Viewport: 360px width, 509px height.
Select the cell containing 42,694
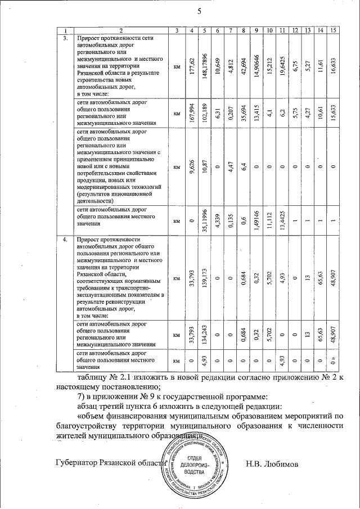point(244,66)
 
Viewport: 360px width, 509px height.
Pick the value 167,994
point(192,113)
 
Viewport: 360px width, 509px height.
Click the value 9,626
point(192,167)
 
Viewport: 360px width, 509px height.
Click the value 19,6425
point(282,66)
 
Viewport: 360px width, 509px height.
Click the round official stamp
point(195,465)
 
